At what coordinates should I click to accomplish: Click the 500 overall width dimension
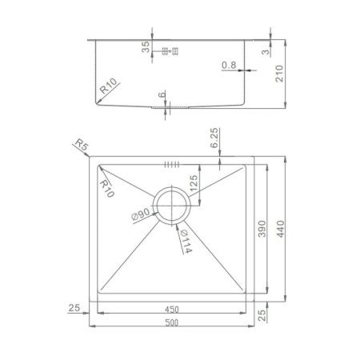click(171, 322)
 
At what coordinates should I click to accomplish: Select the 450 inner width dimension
click(171, 310)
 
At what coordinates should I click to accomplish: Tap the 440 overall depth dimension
click(281, 229)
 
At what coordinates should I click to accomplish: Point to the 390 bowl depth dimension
click(262, 229)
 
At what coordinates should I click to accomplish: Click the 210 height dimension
click(279, 74)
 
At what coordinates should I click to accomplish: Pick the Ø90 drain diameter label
click(142, 214)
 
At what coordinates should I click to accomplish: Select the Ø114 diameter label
click(186, 242)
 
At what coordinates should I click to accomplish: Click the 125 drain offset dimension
click(194, 183)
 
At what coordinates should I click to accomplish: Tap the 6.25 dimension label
click(214, 138)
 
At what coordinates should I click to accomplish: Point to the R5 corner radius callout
click(82, 144)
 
